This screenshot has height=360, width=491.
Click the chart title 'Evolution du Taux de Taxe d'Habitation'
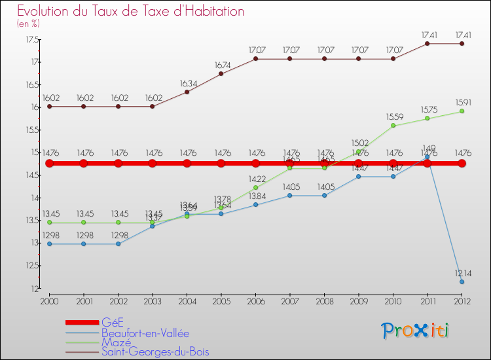pos(131,12)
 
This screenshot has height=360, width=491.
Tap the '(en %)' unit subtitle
pos(28,23)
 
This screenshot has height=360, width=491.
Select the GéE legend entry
pos(112,322)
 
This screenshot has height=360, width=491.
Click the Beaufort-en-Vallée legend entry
pos(145,333)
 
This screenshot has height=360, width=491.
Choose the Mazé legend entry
pos(117,342)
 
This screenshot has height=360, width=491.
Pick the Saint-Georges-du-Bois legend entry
pos(156,351)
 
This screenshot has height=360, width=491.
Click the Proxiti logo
pos(416,331)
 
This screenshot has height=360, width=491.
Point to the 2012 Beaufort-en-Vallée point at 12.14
pos(462,282)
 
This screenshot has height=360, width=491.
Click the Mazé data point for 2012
pos(462,111)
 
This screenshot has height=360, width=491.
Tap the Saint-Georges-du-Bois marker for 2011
pos(427,44)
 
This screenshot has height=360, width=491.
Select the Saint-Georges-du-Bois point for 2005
pos(221,74)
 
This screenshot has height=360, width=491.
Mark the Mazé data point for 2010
pos(393,126)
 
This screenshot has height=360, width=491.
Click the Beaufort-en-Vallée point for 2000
pos(49,244)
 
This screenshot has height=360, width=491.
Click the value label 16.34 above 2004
pos(187,84)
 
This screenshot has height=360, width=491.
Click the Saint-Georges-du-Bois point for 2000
pos(49,106)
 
